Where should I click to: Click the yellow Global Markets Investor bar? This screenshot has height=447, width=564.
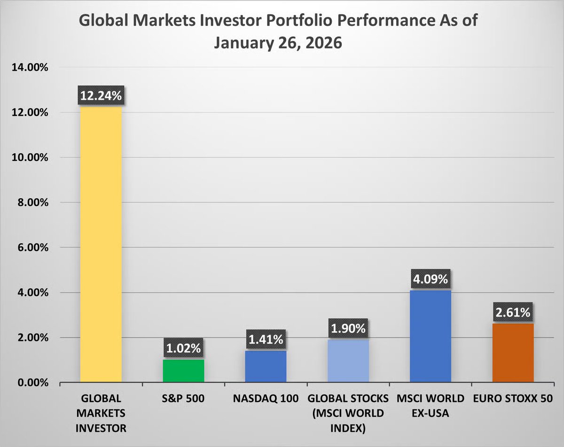click(x=101, y=244)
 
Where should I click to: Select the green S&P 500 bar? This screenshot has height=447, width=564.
click(x=183, y=371)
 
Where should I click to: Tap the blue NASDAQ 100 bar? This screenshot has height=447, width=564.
click(x=266, y=367)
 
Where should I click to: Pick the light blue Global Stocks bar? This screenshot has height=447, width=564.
click(x=348, y=361)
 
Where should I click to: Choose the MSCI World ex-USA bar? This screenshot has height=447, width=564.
click(x=431, y=337)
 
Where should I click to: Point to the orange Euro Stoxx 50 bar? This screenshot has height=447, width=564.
click(x=513, y=353)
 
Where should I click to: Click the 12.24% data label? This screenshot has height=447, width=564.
click(x=101, y=96)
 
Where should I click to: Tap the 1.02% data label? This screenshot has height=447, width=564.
click(x=183, y=349)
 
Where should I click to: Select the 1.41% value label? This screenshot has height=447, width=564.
click(x=266, y=339)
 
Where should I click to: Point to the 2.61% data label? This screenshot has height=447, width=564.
click(x=513, y=313)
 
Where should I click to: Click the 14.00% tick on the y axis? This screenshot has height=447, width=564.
click(x=29, y=68)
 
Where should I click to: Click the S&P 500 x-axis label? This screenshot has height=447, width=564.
click(x=183, y=399)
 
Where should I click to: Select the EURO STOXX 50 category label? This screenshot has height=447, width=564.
click(x=513, y=399)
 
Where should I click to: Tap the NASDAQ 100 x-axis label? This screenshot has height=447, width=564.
click(x=266, y=399)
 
